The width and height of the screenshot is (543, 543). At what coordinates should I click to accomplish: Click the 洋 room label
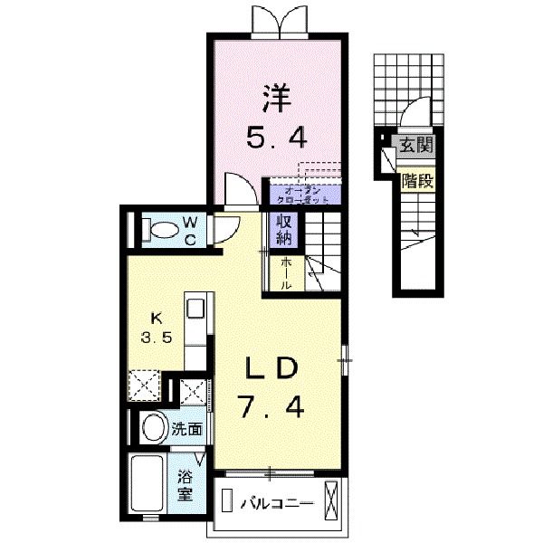278,96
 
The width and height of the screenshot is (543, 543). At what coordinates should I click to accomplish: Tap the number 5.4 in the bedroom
278,138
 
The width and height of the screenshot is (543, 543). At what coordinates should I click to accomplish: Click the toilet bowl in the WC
163,230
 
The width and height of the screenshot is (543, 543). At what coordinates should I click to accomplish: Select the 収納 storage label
278,230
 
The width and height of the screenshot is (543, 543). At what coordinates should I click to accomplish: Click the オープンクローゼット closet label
299,195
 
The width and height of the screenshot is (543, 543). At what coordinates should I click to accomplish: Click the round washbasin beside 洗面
154,428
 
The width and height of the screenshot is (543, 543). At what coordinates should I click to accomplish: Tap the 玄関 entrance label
416,145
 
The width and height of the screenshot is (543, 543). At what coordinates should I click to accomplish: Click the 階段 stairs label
417,180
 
